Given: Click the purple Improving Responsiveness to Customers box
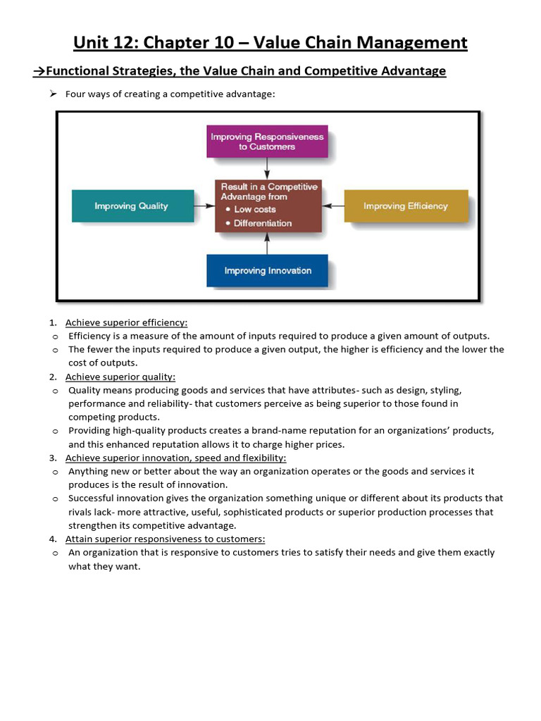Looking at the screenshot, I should coord(267,142).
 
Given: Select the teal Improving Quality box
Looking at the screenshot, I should coord(132,206).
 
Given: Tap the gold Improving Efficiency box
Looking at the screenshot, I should coord(406,206).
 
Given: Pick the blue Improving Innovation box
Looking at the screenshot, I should coord(267,270).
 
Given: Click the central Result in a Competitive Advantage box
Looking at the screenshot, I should coord(268,206).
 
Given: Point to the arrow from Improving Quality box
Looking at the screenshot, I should coord(204,206).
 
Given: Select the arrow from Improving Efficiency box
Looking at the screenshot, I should coord(332,206).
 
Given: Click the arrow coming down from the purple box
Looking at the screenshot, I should coord(267,168).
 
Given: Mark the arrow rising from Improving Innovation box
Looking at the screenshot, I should coord(267,243).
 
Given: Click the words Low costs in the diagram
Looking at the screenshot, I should coord(255,209).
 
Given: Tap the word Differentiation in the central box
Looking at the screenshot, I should coord(263,223).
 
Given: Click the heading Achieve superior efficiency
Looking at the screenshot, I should coord(127,322).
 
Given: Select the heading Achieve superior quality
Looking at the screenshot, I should coord(120,377).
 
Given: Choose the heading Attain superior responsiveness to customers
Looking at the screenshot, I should coord(165,539).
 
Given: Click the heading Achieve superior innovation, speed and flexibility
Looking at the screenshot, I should coord(176,458).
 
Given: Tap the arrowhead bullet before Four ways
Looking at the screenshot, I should coord(53,94).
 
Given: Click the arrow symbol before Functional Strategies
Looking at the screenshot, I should coord(39,70).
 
